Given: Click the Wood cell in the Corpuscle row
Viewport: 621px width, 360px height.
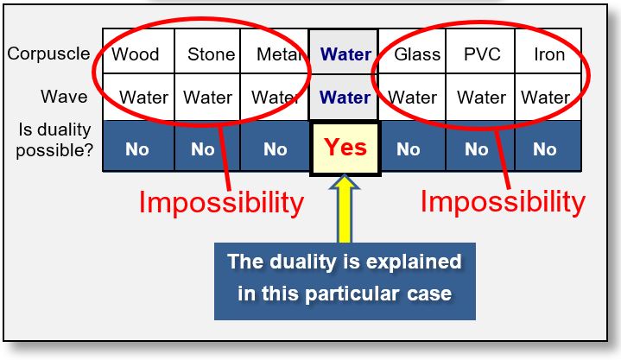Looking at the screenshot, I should pyautogui.click(x=137, y=54).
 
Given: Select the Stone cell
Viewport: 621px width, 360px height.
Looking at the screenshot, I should pyautogui.click(x=208, y=54).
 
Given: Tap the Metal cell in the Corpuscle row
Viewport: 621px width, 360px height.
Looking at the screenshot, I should pyautogui.click(x=275, y=54).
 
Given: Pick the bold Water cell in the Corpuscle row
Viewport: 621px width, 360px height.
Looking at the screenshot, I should pyautogui.click(x=345, y=54).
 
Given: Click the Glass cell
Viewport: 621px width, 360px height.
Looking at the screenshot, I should pyautogui.click(x=413, y=54).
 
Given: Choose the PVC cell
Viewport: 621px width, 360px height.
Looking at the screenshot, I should pyautogui.click(x=481, y=54).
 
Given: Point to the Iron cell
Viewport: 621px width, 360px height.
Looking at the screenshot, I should pyautogui.click(x=548, y=54).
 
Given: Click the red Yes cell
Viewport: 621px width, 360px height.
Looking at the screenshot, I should pyautogui.click(x=345, y=148).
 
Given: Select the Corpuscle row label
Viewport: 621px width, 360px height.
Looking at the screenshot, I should pyautogui.click(x=48, y=54).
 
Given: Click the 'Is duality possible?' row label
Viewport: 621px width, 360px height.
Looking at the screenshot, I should pyautogui.click(x=54, y=140).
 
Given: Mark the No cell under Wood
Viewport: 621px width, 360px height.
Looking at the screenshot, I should pyautogui.click(x=137, y=148).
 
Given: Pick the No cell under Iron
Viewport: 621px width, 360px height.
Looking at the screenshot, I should pyautogui.click(x=545, y=148).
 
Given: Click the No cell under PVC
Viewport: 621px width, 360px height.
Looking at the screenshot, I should pyautogui.click(x=477, y=148).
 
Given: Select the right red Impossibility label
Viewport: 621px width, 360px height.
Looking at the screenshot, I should pyautogui.click(x=503, y=201).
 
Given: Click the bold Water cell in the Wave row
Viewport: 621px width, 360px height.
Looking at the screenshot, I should pyautogui.click(x=345, y=98).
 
